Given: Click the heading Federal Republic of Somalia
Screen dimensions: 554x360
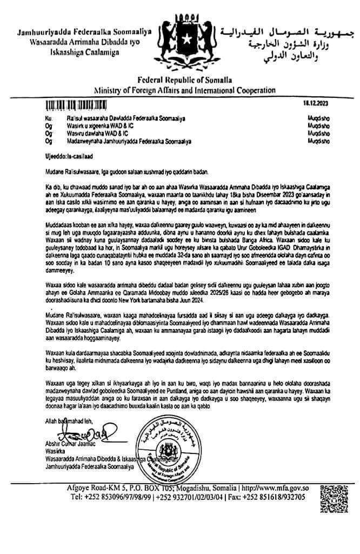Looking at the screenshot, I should click(180, 80).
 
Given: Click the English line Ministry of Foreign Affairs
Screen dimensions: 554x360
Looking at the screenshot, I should click(180, 90).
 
